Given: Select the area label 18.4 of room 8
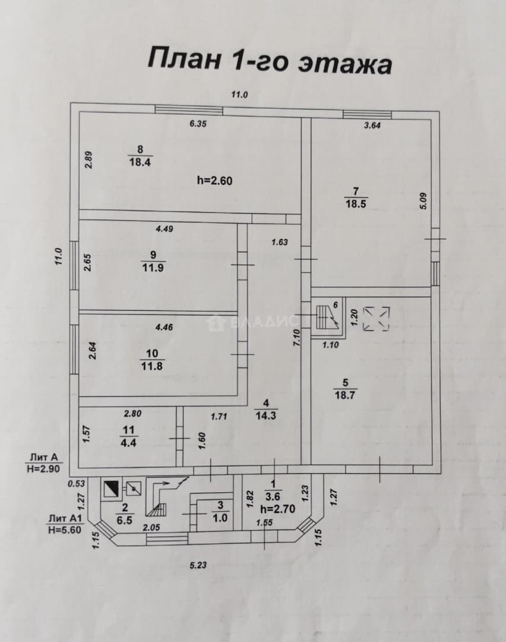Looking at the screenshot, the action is (140, 162).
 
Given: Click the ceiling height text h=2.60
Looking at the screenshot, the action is (215, 180).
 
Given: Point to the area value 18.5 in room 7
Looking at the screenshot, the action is (356, 204).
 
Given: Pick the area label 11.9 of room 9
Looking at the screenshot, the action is (153, 267).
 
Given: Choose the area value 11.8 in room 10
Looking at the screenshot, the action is (152, 366).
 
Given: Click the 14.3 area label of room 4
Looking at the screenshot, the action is (266, 416).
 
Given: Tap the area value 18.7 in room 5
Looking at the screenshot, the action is (345, 395).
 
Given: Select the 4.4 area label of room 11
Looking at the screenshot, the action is (128, 442).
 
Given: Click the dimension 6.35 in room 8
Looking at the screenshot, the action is (198, 124).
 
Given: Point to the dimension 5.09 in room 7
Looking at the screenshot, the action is (423, 201).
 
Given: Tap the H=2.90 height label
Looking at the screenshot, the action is (43, 468).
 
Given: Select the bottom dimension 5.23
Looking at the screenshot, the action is (198, 565).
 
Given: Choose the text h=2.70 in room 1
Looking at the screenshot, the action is (278, 509).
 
